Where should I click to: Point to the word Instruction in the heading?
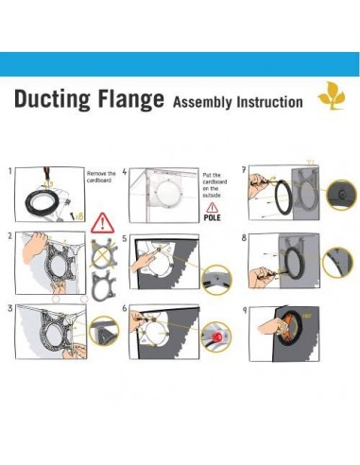(x=270, y=102)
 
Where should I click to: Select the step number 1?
(x=9, y=172)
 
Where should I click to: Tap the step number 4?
(x=125, y=173)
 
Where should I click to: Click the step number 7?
(x=245, y=170)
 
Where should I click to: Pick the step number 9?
(x=245, y=307)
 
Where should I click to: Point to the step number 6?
(x=125, y=308)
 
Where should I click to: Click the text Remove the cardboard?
(x=101, y=180)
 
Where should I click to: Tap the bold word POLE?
(x=214, y=217)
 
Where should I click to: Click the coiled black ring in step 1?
(x=43, y=201)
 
